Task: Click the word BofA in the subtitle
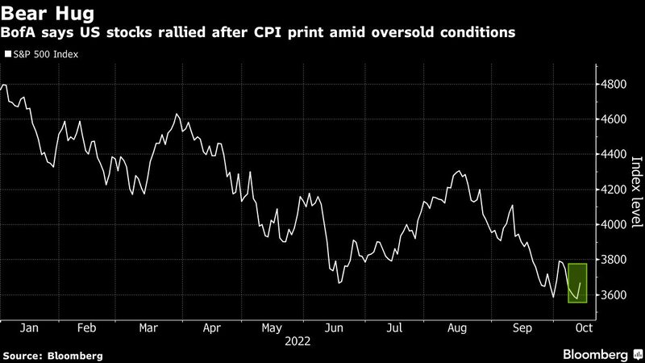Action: click(21, 33)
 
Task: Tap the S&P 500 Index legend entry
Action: click(45, 55)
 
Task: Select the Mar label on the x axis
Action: click(148, 329)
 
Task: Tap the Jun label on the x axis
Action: click(334, 329)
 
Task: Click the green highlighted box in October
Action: click(576, 282)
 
